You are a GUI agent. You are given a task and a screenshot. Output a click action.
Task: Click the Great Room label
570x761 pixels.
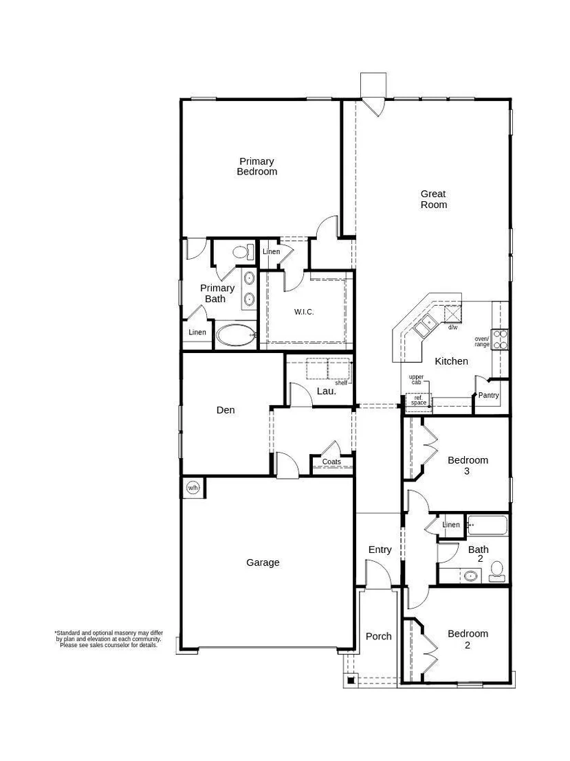pos(433,199)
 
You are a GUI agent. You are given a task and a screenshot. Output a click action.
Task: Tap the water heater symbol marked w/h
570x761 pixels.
pos(193,487)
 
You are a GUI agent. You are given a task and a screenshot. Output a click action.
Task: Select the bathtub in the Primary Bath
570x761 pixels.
pos(236,335)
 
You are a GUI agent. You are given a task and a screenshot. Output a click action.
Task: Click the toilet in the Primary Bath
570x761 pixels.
pos(243,252)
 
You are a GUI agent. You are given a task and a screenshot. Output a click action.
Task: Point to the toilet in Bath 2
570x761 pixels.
pos(496,571)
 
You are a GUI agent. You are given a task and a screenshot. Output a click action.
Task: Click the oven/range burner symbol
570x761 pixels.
pos(500,339)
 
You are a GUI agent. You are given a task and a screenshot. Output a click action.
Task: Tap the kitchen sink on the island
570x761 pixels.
pos(424,325)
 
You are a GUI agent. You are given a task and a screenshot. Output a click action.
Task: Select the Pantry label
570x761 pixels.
pos(488,395)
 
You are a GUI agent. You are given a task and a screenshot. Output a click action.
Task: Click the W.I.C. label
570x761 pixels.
pos(304,312)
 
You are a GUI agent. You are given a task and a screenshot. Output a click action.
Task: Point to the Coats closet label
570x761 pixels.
pos(331,462)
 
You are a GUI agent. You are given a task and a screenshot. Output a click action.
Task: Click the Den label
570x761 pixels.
pos(226,410)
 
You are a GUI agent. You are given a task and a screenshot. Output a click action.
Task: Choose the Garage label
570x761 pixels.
pos(263,563)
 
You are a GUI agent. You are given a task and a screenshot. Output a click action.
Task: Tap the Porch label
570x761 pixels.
pos(379,636)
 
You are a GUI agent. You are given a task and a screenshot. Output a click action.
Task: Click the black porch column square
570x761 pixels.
pos(351,680)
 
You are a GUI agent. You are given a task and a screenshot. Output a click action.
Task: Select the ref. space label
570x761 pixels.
pos(418,400)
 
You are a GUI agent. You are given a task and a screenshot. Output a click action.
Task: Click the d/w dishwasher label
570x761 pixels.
pos(453,327)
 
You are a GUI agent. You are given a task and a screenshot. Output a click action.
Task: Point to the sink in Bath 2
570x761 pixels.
pos(470,576)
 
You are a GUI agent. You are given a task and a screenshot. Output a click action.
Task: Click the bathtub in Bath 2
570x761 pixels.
pos(487,525)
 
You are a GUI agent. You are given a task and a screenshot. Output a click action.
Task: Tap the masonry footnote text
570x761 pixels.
pos(109,639)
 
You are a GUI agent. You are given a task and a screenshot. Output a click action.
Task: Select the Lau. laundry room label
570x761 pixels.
pos(327,391)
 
